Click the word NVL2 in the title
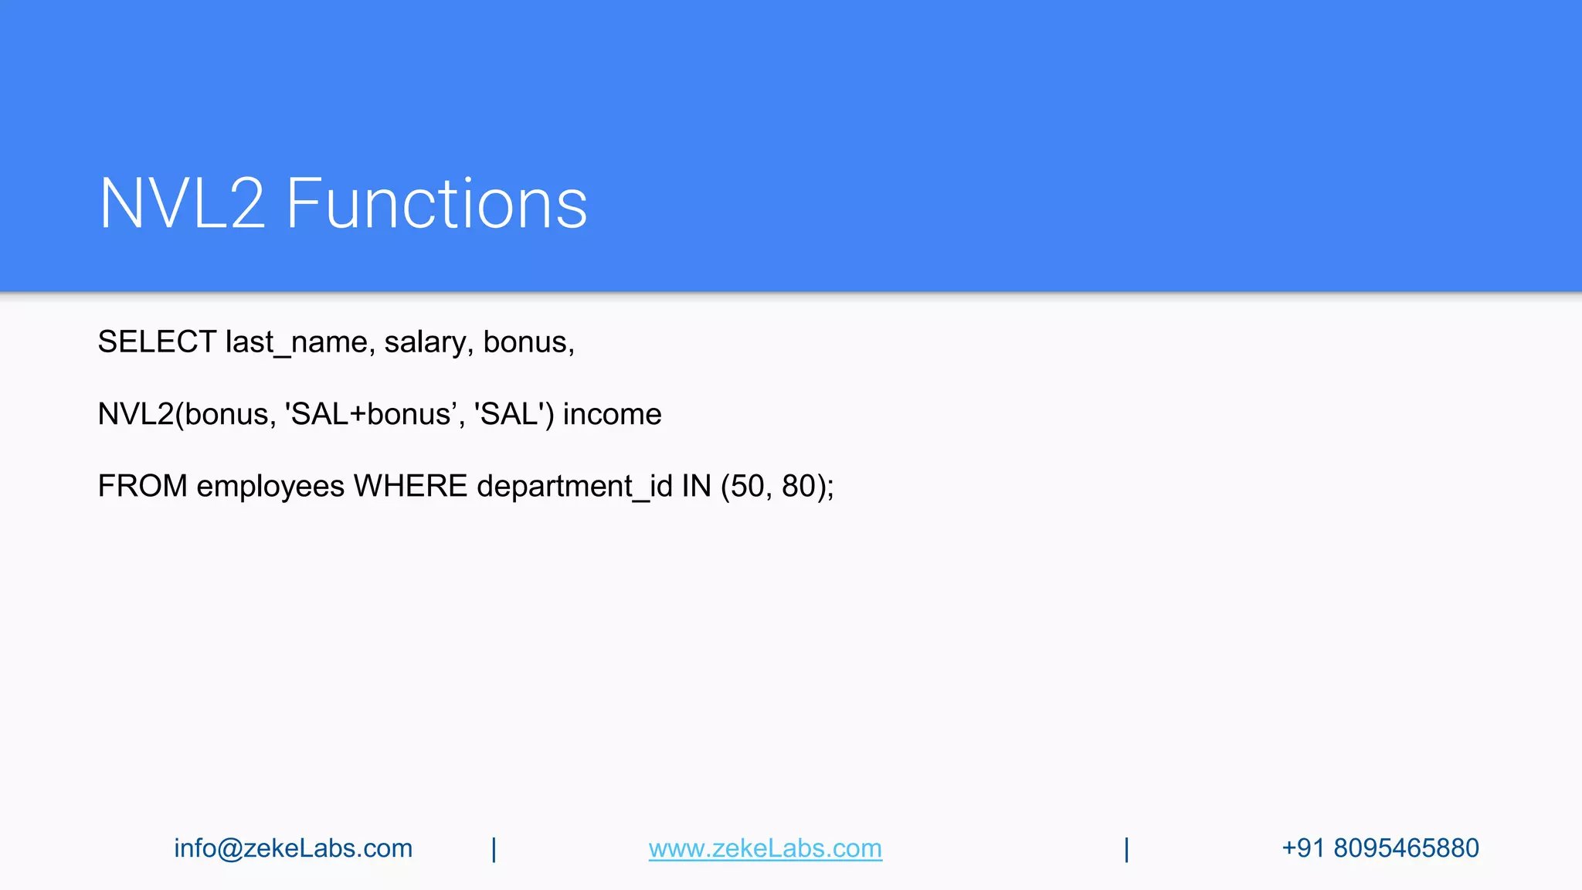[x=182, y=203]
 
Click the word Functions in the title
[x=436, y=203]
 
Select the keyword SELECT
[x=157, y=341]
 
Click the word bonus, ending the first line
[x=528, y=341]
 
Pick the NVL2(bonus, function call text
[x=186, y=414]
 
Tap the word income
[x=612, y=414]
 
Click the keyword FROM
[x=142, y=486]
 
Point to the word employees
[x=270, y=486]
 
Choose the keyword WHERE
[x=410, y=486]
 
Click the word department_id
[x=575, y=486]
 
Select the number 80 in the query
[x=798, y=486]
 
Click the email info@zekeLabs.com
[x=293, y=848]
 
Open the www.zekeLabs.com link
[x=765, y=848]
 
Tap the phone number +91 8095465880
[x=1380, y=848]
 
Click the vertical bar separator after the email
[x=494, y=849]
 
